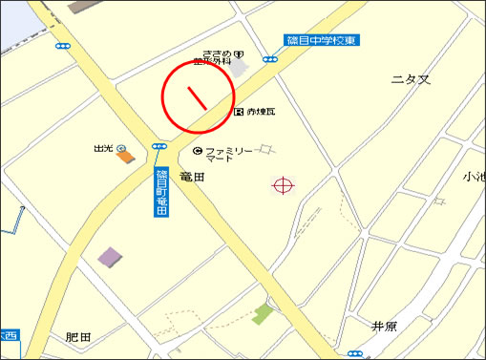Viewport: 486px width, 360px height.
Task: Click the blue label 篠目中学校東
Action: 323,41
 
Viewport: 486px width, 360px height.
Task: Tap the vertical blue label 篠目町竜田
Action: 160,191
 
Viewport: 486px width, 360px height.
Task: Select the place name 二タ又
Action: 411,79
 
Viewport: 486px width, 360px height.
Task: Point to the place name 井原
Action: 384,326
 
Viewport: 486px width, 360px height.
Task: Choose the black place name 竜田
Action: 193,177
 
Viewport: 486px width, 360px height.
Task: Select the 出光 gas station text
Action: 103,149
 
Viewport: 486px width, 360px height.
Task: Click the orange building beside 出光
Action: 126,156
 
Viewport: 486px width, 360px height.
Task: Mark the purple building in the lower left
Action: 110,257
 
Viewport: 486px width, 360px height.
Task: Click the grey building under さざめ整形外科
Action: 237,70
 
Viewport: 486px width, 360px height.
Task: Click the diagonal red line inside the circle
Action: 197,97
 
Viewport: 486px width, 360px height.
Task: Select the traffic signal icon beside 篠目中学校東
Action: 271,58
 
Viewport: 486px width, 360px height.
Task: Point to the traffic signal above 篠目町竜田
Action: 158,147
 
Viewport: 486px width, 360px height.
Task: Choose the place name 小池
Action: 474,176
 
